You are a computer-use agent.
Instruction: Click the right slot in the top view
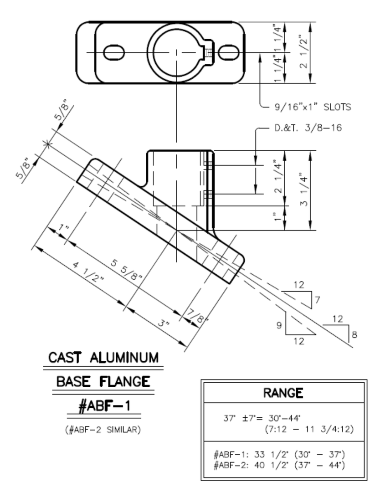(x=228, y=52)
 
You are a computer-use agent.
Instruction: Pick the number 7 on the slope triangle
(x=318, y=300)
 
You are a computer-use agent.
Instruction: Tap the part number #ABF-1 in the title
(x=103, y=405)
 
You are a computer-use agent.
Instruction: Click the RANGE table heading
(x=283, y=393)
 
